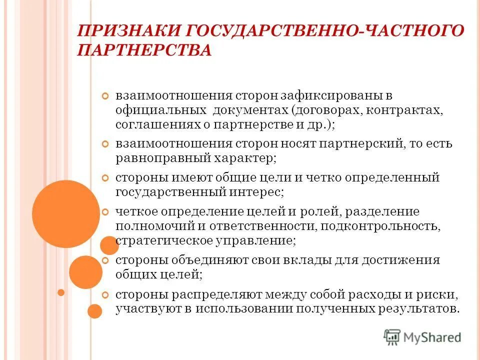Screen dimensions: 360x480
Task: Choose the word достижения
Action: coord(404,260)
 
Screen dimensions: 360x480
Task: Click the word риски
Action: coord(433,294)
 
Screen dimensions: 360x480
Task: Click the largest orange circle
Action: coord(66,213)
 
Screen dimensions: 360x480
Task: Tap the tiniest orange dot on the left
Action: coord(61,292)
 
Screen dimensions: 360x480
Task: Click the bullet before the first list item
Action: coord(105,95)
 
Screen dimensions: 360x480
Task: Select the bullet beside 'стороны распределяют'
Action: coord(105,294)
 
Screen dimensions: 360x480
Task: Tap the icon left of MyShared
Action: coord(392,336)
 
